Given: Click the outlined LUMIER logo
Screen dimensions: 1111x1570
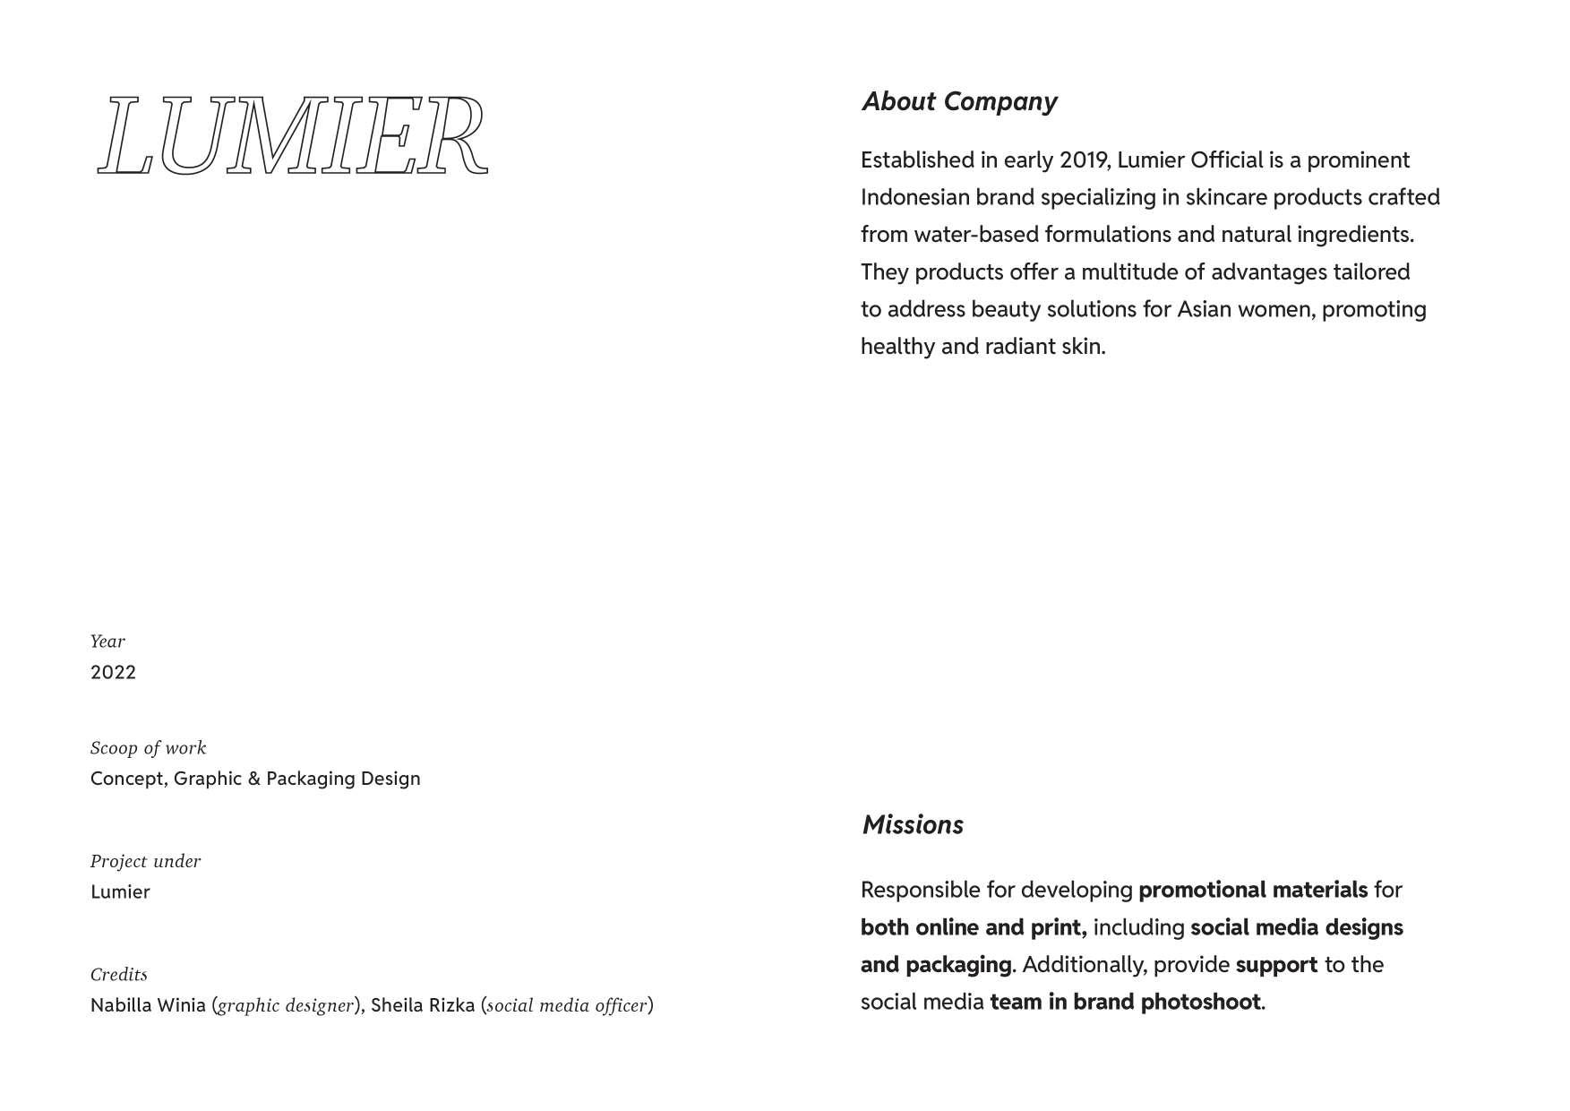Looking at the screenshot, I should (x=293, y=135).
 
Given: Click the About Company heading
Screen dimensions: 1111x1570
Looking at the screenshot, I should (x=959, y=101).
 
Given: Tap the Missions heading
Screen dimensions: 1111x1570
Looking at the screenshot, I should (x=913, y=824).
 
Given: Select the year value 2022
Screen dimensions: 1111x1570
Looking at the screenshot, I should (x=113, y=672).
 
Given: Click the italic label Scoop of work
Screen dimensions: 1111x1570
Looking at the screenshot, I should (x=148, y=748).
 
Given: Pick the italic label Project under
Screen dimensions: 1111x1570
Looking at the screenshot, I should (x=145, y=861).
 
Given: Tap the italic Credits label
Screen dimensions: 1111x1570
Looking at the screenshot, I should (x=118, y=974).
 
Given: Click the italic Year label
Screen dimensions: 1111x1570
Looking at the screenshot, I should (x=107, y=642).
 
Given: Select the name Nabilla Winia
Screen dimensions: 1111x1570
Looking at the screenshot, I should (x=148, y=1005).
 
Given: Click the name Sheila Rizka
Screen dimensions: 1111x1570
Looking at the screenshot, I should (x=423, y=1005).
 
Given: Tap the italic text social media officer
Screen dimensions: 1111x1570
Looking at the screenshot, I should (x=567, y=1006).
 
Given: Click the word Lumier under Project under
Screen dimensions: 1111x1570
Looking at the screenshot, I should (x=120, y=891).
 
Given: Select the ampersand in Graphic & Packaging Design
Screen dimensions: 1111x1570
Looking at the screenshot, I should (x=254, y=779).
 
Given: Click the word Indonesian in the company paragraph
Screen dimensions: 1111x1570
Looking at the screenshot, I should (x=914, y=197).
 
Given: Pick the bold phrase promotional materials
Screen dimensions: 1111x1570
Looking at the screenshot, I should (x=1253, y=890).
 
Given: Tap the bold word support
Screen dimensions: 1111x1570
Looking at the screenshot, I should (x=1276, y=965).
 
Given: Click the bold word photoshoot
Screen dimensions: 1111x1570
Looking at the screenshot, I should (x=1200, y=1002).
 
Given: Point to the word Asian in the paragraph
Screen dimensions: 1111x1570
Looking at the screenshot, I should (x=1204, y=309).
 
